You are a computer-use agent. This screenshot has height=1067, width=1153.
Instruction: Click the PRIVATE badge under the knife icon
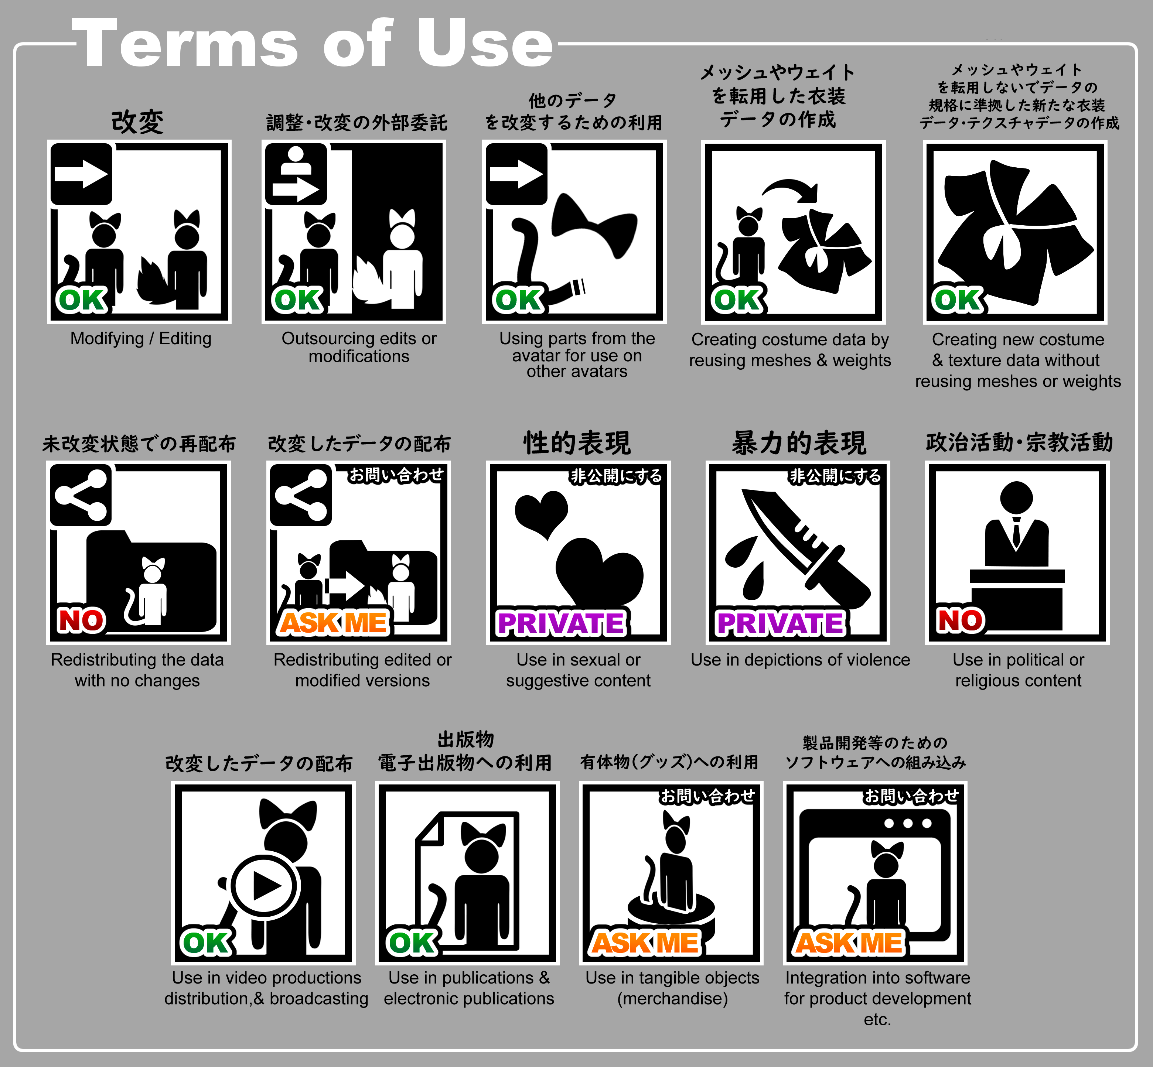780,623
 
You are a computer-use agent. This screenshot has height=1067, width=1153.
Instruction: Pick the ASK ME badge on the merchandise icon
645,943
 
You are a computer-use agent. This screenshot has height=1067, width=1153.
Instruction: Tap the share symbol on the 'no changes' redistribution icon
81,495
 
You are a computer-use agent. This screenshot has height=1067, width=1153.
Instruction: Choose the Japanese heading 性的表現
577,443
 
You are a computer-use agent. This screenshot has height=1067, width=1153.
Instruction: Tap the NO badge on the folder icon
81,620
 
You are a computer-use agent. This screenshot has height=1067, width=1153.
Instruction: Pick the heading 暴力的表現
799,443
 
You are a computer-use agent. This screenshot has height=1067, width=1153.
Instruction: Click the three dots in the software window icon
907,823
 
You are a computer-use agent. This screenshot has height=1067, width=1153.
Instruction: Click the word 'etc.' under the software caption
877,1020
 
